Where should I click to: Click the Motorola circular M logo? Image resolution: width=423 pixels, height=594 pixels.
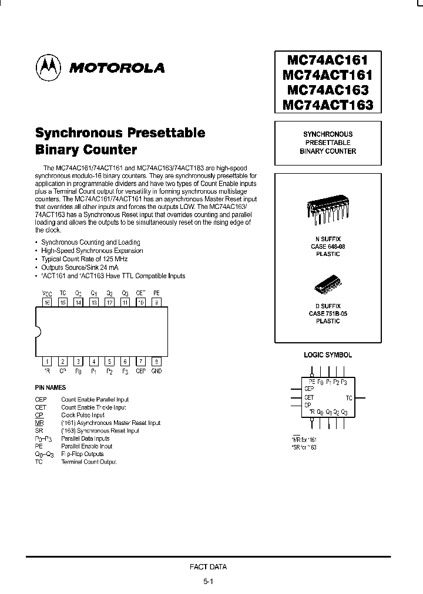pos(49,67)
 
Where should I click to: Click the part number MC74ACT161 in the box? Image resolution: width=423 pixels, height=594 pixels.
pos(328,75)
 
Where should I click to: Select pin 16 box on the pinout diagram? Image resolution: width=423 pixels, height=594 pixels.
pos(47,302)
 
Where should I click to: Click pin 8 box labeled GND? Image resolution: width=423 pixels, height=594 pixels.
pos(156,362)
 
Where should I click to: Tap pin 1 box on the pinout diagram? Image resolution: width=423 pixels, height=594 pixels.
pos(47,362)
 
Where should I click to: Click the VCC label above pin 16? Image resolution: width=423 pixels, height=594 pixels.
pos(47,292)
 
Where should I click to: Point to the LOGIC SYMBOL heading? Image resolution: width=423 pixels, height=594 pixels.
pos(328,355)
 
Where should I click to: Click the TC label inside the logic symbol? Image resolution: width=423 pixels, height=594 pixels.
pos(348,397)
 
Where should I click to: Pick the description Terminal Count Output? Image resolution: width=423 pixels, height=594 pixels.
pos(89,462)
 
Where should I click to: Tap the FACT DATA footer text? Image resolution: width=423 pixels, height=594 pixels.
pos(208,567)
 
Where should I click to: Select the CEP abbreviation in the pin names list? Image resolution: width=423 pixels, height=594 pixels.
pos(41,399)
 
